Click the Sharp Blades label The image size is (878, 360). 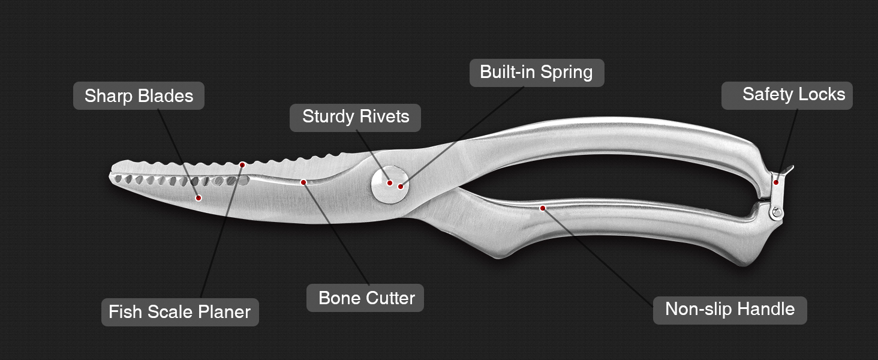pos(139,96)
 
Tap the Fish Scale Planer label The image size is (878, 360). pos(180,312)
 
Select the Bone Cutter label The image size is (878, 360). pos(365,298)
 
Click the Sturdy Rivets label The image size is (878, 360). pos(356,116)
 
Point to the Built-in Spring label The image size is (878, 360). pos(536,73)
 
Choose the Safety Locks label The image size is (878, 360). pos(787,95)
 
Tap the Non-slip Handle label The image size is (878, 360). pos(730,310)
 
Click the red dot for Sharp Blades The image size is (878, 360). pos(199,197)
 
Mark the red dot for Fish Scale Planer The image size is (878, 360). pos(242,164)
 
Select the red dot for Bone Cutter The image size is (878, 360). pos(303,182)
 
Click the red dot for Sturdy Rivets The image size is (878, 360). pos(389,183)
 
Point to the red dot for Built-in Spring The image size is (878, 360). pos(401,187)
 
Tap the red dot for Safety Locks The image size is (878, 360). pos(775,182)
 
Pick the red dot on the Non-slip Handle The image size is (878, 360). pos(542,208)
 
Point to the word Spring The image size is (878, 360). pos(566,73)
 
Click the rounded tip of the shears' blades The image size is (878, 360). pos(113,171)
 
